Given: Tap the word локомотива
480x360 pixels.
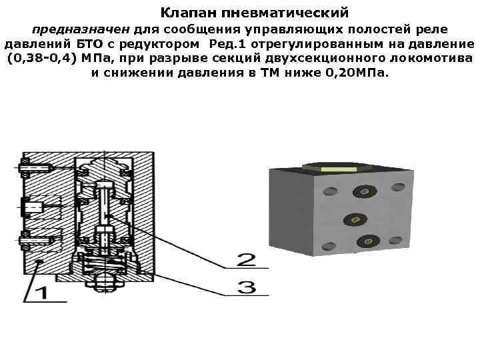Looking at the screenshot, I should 434,58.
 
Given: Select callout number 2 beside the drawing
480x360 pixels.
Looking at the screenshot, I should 246,259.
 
